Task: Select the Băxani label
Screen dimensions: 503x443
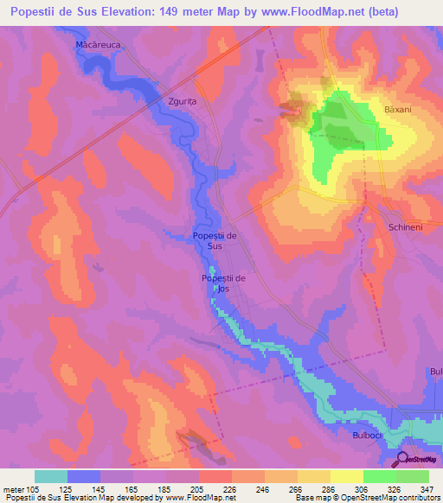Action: pos(401,111)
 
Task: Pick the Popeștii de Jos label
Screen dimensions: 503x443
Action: pos(223,283)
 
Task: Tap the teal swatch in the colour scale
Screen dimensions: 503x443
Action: pos(51,476)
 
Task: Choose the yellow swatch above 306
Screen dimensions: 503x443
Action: pos(347,476)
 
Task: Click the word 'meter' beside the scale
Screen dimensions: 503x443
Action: pos(14,488)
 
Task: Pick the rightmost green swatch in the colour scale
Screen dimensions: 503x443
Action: pos(413,476)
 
